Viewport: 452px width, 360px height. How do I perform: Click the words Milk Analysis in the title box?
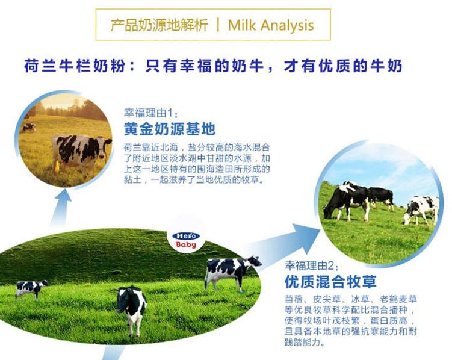[x=271, y=25]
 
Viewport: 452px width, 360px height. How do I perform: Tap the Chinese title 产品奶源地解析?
[x=159, y=25]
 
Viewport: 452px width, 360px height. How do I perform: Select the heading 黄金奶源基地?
[x=170, y=129]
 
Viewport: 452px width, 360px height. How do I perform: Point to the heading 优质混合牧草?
[x=330, y=281]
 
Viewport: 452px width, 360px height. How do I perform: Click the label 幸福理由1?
[x=150, y=113]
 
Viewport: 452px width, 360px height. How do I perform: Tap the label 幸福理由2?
[x=311, y=265]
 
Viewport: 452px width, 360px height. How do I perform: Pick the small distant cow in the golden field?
[x=28, y=127]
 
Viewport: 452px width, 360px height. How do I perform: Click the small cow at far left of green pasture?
[x=31, y=289]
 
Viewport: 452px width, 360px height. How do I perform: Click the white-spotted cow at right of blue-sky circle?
[x=421, y=209]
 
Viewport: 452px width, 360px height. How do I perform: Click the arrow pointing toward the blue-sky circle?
[x=284, y=245]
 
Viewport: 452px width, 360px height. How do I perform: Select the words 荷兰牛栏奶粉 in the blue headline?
[x=75, y=66]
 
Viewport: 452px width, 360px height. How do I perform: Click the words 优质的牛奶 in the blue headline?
[x=361, y=66]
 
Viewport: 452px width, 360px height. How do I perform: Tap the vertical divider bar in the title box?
[x=218, y=25]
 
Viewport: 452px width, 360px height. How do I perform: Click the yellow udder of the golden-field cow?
[x=57, y=167]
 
